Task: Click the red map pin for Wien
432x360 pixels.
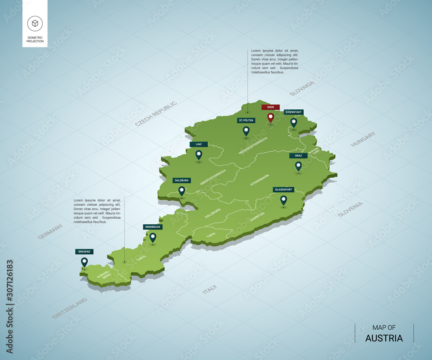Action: (x=270, y=117)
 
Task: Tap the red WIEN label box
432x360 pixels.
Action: (x=270, y=107)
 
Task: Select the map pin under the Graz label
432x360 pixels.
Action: (x=298, y=166)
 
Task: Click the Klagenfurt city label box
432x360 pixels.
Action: (x=283, y=189)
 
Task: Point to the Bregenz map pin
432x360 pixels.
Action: (x=84, y=262)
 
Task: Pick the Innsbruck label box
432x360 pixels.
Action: (x=152, y=226)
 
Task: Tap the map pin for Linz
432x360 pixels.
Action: (x=199, y=154)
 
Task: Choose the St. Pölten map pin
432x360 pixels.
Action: (x=246, y=131)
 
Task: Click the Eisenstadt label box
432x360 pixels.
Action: (x=294, y=112)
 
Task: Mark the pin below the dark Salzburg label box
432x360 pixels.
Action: (x=181, y=191)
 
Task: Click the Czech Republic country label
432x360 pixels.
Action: (x=156, y=114)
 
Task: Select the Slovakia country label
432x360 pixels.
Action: (x=302, y=88)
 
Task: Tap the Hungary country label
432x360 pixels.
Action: (x=363, y=139)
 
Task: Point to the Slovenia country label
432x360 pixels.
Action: (x=350, y=209)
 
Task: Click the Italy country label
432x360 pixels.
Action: (x=210, y=290)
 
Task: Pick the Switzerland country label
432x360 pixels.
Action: (x=70, y=308)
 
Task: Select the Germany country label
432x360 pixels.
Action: (x=50, y=232)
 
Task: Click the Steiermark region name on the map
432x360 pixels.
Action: (x=260, y=180)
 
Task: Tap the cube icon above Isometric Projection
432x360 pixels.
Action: (x=35, y=23)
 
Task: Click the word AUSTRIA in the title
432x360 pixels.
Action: (x=384, y=338)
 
